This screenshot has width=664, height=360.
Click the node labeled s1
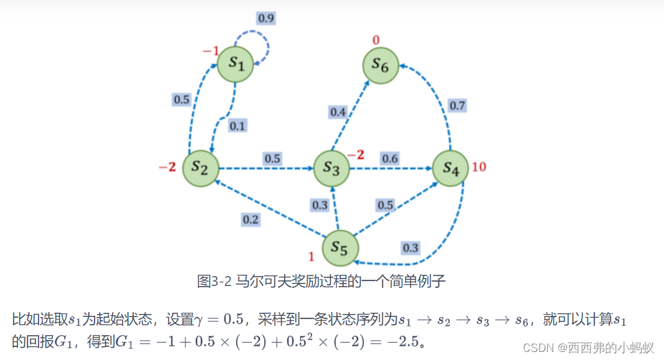pos(235,63)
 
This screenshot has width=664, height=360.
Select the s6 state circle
pos(381,65)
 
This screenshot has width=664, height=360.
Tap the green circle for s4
pos(451,168)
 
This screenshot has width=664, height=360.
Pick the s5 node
pos(340,248)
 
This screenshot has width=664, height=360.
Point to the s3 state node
pos(331,168)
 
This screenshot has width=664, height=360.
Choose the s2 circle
pos(201,168)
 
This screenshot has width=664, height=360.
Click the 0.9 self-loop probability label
pos(265,18)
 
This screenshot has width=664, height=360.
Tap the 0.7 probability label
pos(457,106)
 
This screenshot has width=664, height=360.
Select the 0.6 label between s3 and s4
pos(390,159)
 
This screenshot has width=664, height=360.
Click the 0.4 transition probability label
pos(338,112)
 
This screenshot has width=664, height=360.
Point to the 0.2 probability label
pos(251,219)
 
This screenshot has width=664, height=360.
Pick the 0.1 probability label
pos(237,126)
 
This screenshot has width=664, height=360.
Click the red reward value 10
pos(479,167)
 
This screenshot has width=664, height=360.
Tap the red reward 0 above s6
pos(376,41)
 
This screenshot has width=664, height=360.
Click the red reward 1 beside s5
pos(311,256)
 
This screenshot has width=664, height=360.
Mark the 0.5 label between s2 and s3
pos(272,159)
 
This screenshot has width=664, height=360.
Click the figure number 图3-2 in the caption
pos(213,282)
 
